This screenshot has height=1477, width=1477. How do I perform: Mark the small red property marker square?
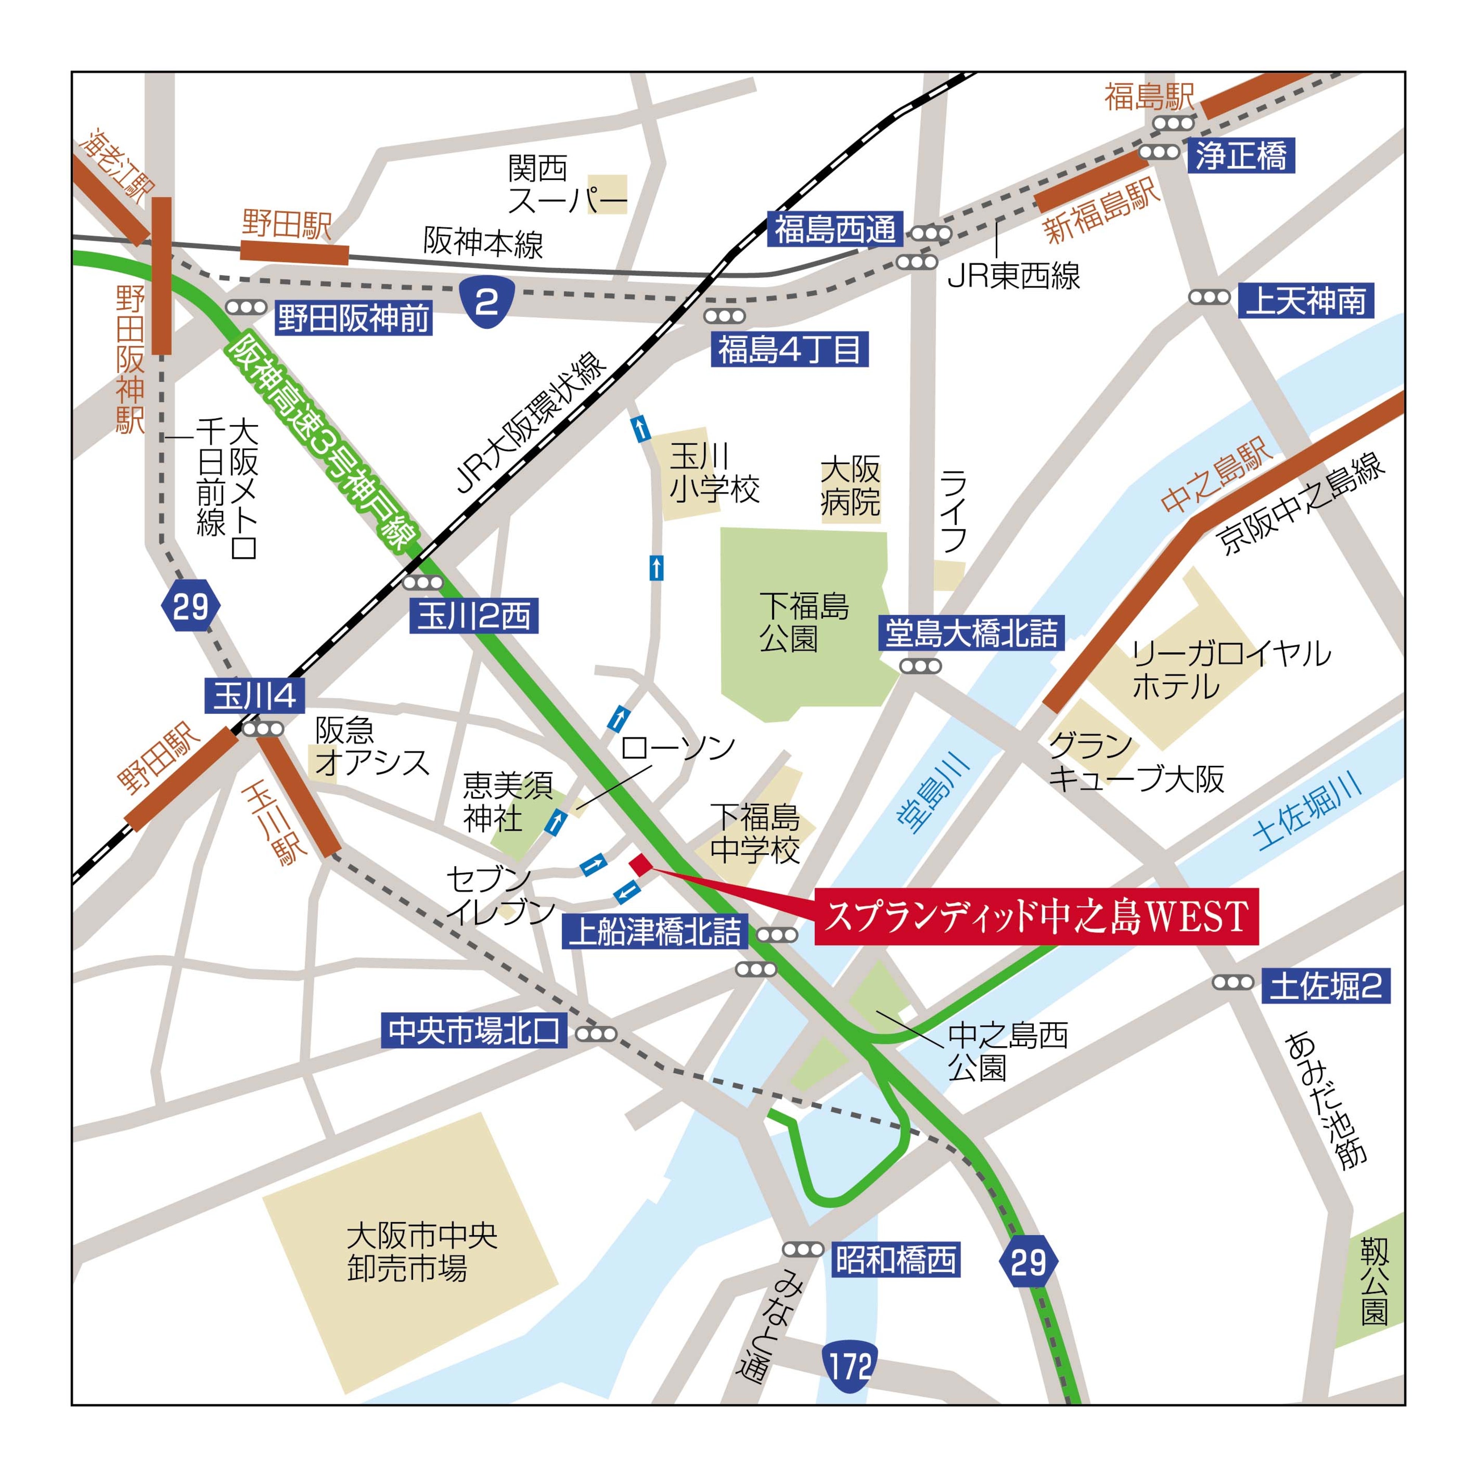639,865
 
